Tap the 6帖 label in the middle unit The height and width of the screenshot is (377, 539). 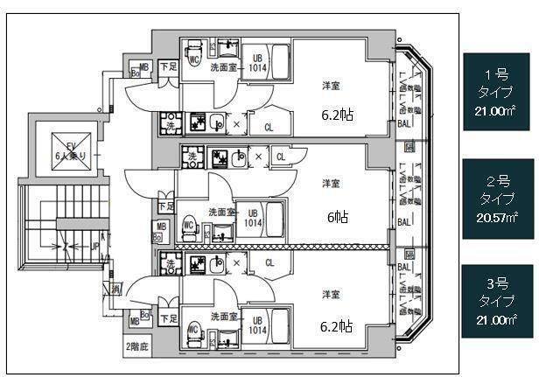(335, 217)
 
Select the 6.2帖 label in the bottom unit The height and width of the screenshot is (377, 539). (336, 326)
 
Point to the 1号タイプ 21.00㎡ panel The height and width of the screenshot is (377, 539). (498, 91)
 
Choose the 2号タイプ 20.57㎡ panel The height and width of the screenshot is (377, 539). (498, 200)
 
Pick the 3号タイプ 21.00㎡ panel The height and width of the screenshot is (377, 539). (498, 302)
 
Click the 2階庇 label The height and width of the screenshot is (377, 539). (136, 346)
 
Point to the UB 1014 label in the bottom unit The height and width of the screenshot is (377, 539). (255, 326)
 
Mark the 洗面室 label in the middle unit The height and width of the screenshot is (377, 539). (221, 211)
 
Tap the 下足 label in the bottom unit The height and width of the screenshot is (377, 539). (169, 318)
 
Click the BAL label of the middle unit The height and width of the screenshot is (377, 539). (404, 222)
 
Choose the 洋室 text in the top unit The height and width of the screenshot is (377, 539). (331, 85)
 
